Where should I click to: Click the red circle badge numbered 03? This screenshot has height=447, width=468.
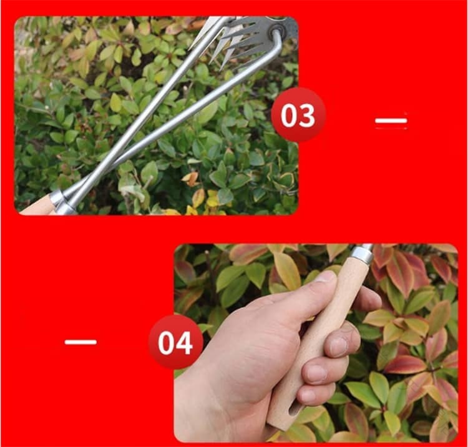tap(298, 115)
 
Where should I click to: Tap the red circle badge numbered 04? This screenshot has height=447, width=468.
tap(175, 342)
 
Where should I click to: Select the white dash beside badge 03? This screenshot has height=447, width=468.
tap(391, 121)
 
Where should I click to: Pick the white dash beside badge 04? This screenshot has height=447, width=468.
tap(80, 342)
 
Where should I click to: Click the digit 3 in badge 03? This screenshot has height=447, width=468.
tap(307, 115)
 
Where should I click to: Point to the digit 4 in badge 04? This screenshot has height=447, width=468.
tap(185, 343)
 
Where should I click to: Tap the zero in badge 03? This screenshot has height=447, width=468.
tap(289, 115)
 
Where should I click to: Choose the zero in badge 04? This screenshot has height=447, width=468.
tap(167, 343)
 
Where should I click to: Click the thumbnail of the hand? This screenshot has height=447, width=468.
tap(316, 343)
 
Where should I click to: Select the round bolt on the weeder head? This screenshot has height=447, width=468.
tap(275, 30)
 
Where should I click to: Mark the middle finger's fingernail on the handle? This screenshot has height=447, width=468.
tap(340, 346)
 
